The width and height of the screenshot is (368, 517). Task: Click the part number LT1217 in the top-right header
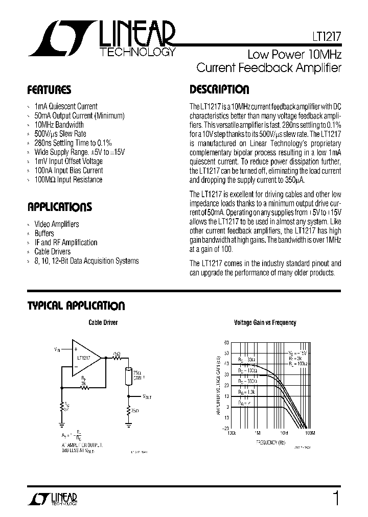[x=327, y=37]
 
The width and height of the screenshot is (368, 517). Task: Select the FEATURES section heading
[x=49, y=90]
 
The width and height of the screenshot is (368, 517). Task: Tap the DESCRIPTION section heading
[x=219, y=90]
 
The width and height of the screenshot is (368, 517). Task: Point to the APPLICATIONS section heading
[x=59, y=207]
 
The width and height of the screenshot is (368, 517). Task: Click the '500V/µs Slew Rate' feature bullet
[x=60, y=134]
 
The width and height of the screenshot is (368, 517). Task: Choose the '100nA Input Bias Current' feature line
[x=68, y=171]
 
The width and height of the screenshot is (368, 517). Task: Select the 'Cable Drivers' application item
[x=53, y=252]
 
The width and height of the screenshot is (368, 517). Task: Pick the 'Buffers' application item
[x=44, y=233]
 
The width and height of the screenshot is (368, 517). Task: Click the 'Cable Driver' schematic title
[x=103, y=322]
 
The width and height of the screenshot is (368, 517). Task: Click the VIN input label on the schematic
[x=56, y=349]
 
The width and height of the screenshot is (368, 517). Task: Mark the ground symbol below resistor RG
[x=61, y=422]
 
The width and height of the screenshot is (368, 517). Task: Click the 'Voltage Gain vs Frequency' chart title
[x=265, y=323]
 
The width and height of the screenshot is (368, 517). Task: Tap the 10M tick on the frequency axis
[x=284, y=433]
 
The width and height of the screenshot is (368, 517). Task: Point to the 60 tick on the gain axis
[x=226, y=342]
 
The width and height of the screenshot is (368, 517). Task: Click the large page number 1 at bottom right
[x=336, y=497]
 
